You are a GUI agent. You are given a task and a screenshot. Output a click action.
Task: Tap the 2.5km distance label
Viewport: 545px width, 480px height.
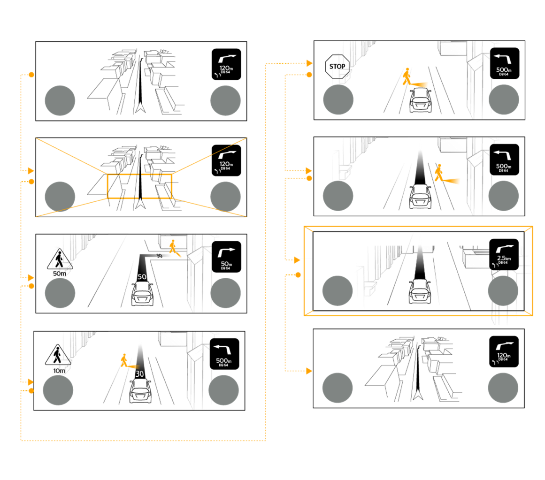click(503, 258)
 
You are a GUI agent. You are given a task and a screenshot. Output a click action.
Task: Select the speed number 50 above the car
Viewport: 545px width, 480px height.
click(142, 277)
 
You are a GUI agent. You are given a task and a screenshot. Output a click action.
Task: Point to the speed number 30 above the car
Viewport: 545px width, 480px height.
click(139, 374)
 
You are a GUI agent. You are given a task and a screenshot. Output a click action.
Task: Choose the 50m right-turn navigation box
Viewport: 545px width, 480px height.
click(224, 257)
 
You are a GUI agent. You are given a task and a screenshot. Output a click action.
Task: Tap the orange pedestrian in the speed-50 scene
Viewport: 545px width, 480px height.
click(173, 246)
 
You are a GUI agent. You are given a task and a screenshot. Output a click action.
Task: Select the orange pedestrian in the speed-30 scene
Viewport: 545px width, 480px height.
click(124, 360)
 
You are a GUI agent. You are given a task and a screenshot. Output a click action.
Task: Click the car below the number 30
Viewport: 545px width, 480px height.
click(140, 391)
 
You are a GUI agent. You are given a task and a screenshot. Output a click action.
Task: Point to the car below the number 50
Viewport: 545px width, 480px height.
click(142, 294)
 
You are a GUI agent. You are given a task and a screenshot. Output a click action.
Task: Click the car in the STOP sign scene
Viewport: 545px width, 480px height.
click(421, 100)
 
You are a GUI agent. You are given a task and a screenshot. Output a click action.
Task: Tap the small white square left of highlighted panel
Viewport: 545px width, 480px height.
click(306, 268)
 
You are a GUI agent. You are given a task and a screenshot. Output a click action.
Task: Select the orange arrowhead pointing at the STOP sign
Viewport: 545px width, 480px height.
click(309, 63)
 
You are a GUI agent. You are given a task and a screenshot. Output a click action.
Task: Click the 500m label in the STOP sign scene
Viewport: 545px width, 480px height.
click(504, 71)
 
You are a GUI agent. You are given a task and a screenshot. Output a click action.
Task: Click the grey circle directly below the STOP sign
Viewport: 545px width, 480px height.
click(338, 99)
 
